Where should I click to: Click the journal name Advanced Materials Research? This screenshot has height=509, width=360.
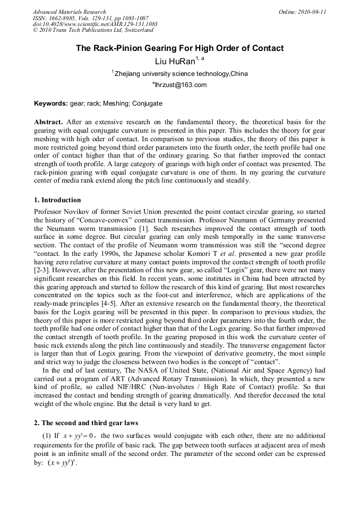click(x=69, y=12)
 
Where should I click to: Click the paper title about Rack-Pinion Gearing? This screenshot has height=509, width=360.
click(x=179, y=48)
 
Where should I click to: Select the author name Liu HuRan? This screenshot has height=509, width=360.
click(x=175, y=62)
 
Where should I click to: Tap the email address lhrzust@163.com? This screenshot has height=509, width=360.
click(x=179, y=85)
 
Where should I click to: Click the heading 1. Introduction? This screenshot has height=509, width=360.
click(x=57, y=200)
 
